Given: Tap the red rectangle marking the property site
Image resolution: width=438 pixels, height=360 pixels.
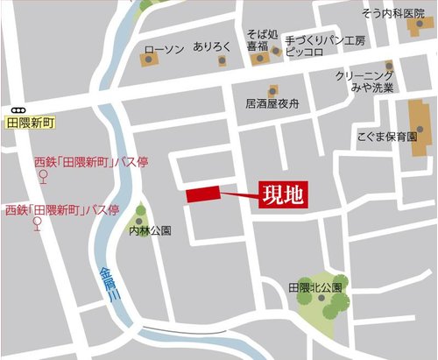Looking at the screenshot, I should (202, 195).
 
